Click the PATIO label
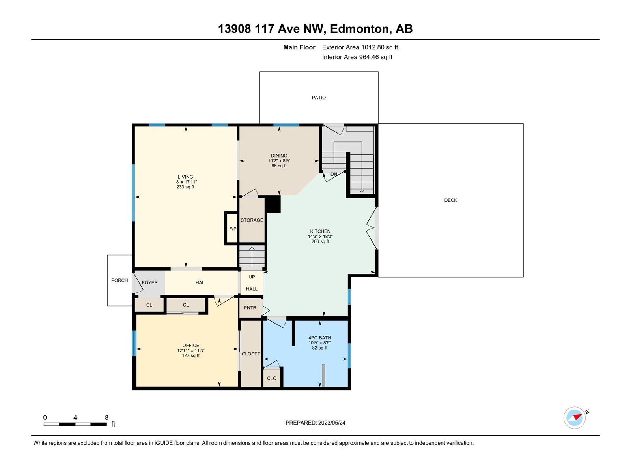[319, 98]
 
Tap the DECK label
[450, 200]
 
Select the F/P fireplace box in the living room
[231, 229]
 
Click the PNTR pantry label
[250, 308]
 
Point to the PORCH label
[119, 280]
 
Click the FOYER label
[150, 282]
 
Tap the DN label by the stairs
[334, 174]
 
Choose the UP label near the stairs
[252, 277]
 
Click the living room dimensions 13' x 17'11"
[185, 182]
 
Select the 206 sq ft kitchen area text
[320, 241]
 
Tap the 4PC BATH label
[320, 338]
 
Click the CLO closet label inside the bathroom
[272, 378]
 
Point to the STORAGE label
[252, 220]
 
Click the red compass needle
[577, 417]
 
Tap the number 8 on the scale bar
[106, 417]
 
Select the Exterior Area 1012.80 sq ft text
[360, 47]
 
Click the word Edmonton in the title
[360, 29]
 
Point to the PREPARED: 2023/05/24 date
[315, 423]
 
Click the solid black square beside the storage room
[273, 204]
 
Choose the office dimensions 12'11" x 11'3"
[191, 350]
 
